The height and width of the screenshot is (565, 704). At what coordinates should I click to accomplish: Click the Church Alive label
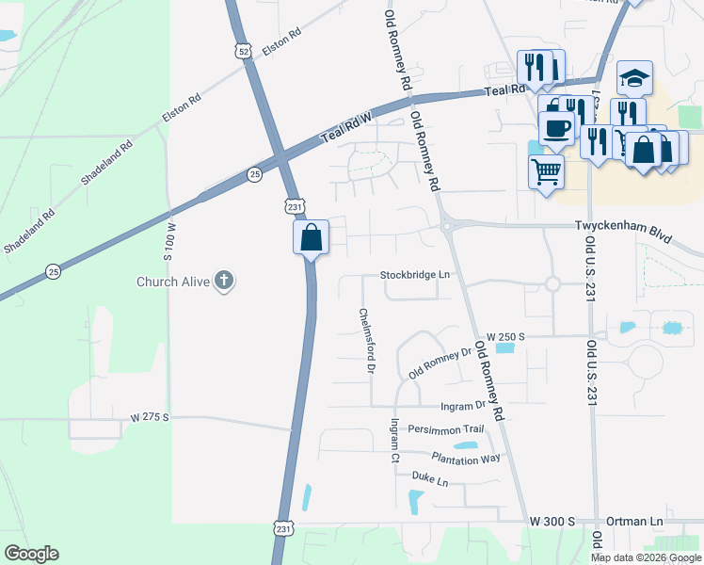(x=173, y=281)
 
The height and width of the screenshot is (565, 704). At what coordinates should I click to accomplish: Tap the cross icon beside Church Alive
(x=224, y=280)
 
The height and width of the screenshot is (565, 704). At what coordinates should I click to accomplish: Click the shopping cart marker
(x=546, y=171)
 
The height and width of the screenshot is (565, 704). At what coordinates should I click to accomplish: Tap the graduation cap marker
(x=634, y=79)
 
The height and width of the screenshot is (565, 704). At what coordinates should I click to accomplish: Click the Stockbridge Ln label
(x=416, y=275)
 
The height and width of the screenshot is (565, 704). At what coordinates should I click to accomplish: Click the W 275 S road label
(x=150, y=416)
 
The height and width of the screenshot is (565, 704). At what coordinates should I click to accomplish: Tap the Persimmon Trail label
(x=445, y=429)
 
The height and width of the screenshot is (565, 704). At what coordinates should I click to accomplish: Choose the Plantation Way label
(x=466, y=458)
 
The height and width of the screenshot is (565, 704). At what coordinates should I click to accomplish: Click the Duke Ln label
(x=430, y=481)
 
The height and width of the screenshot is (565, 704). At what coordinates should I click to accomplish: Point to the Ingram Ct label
(x=395, y=442)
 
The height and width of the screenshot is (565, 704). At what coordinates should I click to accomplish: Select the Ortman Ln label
(x=636, y=521)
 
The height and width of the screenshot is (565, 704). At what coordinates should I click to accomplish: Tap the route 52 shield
(x=245, y=53)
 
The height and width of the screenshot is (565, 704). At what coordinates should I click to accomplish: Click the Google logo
(x=31, y=554)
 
